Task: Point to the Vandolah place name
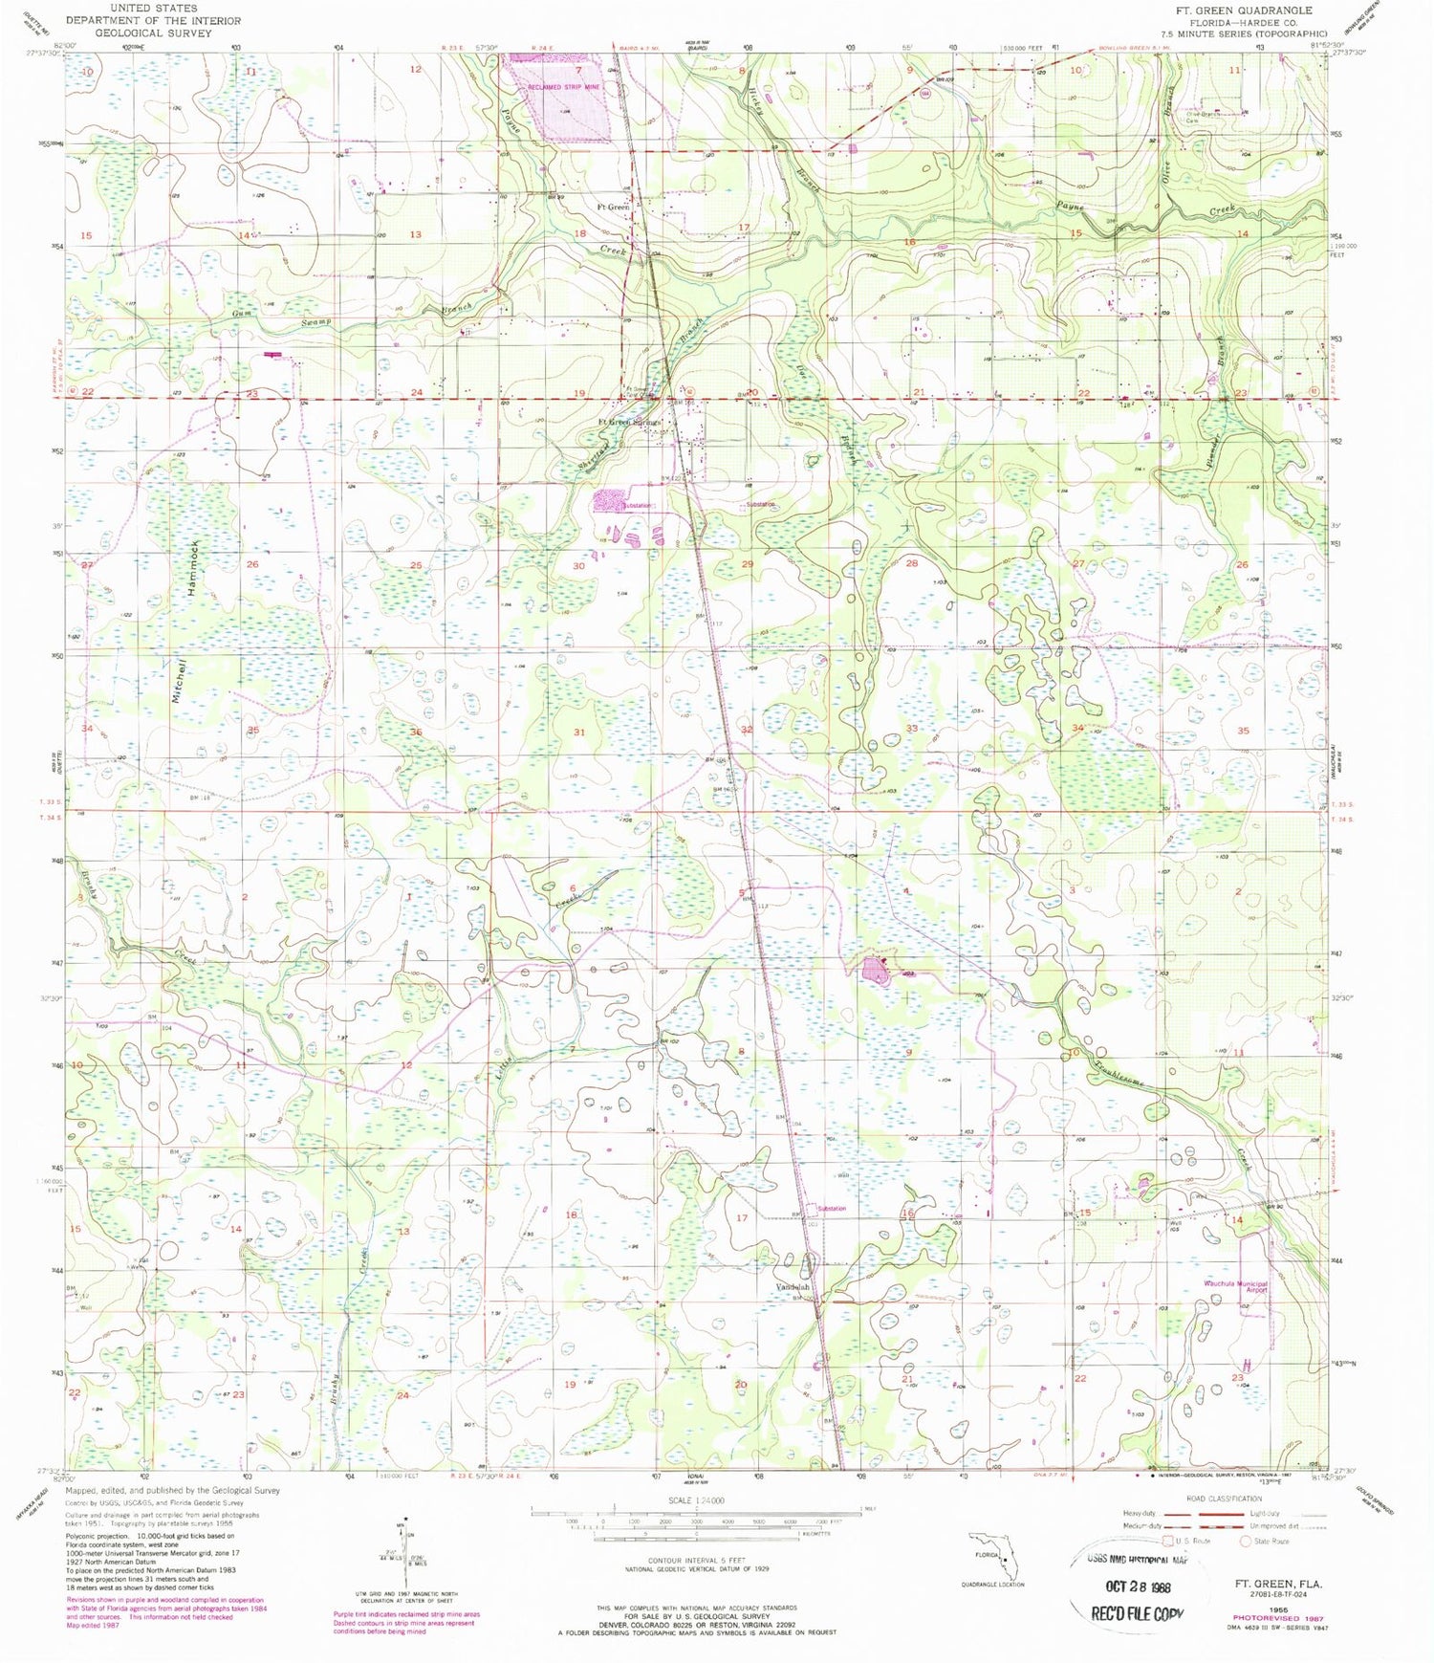(x=793, y=1286)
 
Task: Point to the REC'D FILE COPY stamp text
(x=1138, y=1613)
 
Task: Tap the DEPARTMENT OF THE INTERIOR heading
(x=153, y=20)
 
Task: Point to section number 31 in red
(x=578, y=732)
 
